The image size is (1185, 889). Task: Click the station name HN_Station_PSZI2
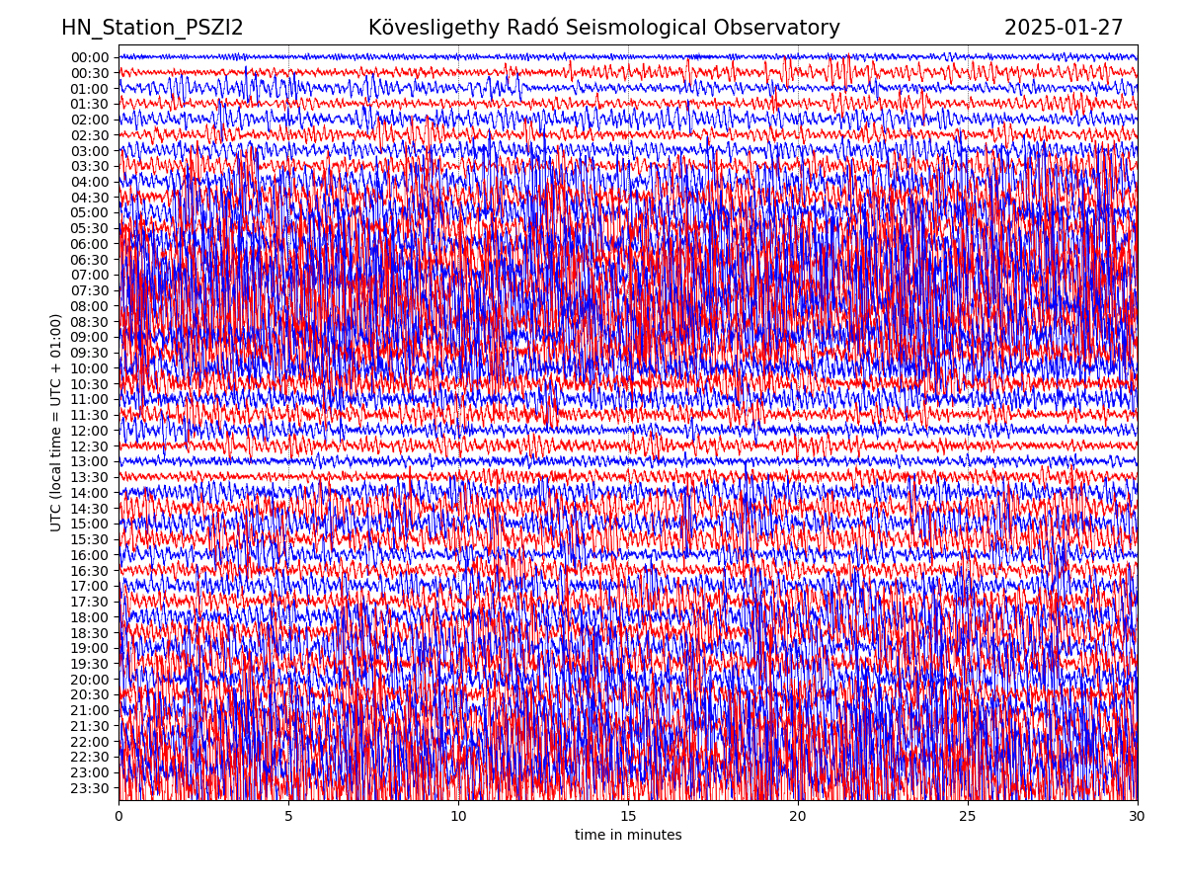pos(152,28)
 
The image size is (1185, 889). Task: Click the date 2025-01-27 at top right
pos(1064,28)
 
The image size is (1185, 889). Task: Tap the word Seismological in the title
pos(639,28)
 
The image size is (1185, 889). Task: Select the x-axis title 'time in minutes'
pos(628,836)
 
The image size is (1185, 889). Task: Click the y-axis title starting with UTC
pos(56,422)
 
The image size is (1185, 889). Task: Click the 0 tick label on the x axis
pos(118,817)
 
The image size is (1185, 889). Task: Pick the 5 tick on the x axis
pos(288,817)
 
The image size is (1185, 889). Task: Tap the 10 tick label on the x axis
pos(458,817)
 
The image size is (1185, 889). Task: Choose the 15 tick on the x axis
pos(628,817)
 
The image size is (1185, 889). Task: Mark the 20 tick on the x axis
pos(798,817)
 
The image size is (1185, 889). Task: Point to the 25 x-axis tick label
pos(968,817)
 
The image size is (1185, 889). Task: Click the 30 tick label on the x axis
pos(1138,817)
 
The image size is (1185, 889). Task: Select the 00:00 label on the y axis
pos(90,57)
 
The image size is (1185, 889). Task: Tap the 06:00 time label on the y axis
pos(90,244)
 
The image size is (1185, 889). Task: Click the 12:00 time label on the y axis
pos(90,431)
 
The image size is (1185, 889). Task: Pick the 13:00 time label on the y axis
pos(90,461)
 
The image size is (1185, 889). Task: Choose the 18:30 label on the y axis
pos(90,633)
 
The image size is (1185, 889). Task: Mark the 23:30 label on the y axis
pos(90,788)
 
